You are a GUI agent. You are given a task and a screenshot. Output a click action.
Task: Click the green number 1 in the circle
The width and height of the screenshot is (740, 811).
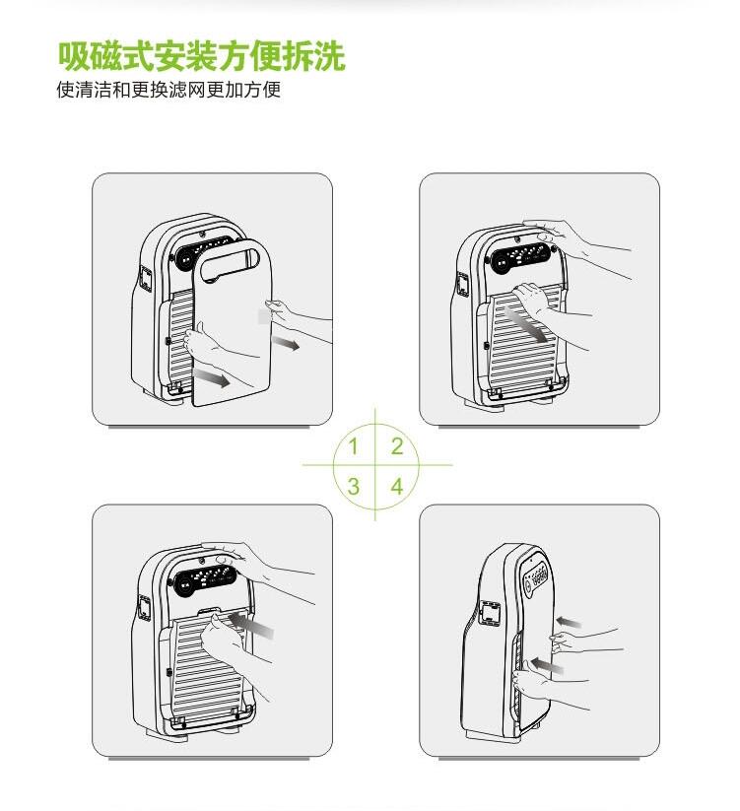[x=353, y=445]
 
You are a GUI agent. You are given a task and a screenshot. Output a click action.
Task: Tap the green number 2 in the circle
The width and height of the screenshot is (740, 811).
[x=397, y=445]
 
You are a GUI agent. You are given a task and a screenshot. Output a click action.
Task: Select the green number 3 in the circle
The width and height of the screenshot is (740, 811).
[x=353, y=486]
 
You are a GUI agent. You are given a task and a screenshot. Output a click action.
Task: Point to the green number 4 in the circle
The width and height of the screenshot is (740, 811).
[x=397, y=486]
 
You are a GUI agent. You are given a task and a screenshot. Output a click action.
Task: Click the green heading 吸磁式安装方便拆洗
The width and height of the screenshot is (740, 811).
[x=202, y=56]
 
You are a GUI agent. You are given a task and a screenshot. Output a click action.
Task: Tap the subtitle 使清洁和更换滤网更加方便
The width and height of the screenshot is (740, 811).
[x=168, y=90]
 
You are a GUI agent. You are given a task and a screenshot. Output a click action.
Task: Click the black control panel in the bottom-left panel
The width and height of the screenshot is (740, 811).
[x=205, y=578]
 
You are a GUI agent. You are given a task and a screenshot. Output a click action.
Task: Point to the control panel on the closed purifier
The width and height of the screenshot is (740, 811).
[x=536, y=575]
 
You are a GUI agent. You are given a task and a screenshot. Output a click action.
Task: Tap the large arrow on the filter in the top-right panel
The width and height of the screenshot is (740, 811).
[x=526, y=324]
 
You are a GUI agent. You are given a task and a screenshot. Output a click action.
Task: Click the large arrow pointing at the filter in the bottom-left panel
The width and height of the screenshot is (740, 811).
[x=251, y=624]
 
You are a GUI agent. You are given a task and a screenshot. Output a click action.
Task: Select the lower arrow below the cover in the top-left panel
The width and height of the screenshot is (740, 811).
[x=211, y=377]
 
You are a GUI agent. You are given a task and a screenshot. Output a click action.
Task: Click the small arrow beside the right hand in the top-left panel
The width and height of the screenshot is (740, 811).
[x=286, y=342]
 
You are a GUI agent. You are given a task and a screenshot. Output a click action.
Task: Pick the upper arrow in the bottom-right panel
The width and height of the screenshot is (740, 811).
[x=569, y=622]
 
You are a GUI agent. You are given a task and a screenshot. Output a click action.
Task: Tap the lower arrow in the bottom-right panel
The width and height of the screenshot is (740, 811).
[x=547, y=664]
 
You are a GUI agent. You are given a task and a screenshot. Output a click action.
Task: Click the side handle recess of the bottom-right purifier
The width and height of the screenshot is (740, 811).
[x=490, y=612]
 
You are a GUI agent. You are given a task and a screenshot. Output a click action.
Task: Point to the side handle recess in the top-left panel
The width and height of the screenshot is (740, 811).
[x=145, y=279]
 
